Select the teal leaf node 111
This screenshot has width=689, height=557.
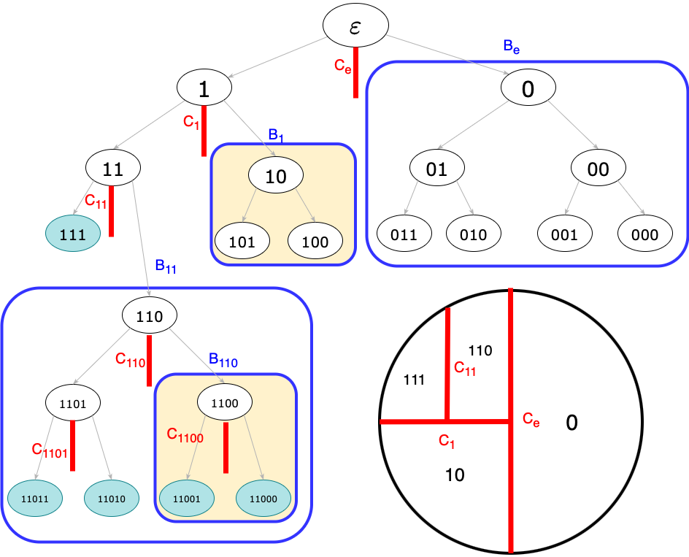pos(73,234)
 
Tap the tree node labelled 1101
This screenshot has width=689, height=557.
pos(73,402)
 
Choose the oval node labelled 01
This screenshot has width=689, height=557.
pos(436,169)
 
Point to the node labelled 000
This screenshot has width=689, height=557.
pos(645,234)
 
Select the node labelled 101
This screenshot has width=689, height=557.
pos(242,242)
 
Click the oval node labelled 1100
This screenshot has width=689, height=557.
pos(225,402)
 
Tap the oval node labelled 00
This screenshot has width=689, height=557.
pos(598,169)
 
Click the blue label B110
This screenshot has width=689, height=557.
pos(223,360)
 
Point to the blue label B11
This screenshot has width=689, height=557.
pos(166,267)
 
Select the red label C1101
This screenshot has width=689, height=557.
pos(50,450)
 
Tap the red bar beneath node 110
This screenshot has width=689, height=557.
pos(149,361)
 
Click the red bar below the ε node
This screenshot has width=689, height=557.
pos(355,73)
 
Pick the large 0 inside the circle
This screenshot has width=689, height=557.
pos(571,423)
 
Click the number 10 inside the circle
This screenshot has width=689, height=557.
pos(455,475)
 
